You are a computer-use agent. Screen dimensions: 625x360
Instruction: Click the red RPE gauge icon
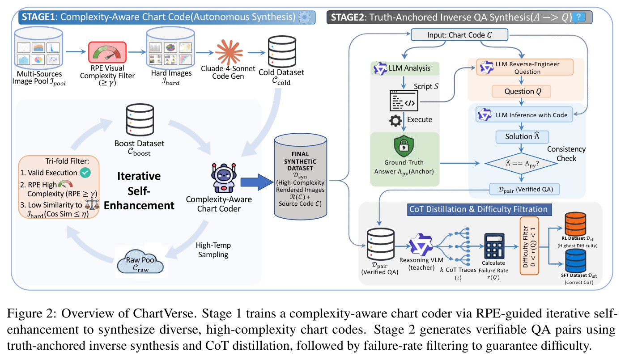pos(107,52)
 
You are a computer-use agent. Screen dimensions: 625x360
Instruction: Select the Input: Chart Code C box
pos(459,35)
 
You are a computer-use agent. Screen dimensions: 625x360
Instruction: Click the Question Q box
pos(521,92)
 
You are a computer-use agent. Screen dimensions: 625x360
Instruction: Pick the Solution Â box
pos(522,137)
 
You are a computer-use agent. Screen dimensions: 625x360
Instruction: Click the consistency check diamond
pos(521,164)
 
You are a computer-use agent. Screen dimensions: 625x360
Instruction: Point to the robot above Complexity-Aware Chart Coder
pos(224,178)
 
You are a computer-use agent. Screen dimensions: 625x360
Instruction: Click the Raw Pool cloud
pos(140,262)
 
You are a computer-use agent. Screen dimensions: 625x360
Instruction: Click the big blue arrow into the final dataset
pos(257,182)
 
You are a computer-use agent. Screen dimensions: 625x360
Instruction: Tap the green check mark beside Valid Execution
pos(85,173)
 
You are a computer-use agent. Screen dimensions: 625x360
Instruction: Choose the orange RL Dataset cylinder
pos(575,224)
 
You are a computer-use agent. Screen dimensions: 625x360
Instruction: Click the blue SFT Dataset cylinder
pos(575,261)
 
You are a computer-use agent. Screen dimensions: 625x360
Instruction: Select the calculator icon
pos(494,246)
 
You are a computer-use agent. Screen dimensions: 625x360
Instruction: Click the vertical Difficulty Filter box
pos(529,246)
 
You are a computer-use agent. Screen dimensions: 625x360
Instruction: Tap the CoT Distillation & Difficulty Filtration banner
pos(479,209)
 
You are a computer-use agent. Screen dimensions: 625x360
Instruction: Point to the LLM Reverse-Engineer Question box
pos(525,67)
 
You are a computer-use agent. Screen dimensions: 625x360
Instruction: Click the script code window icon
pos(404,100)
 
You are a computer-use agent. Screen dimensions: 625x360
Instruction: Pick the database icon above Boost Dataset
pos(140,120)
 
